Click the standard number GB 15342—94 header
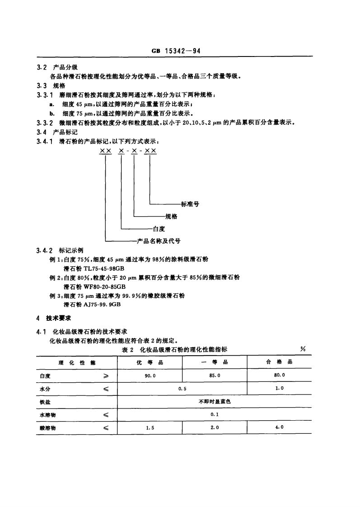point(176,51)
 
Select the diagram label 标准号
point(190,204)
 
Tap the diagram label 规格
point(171,216)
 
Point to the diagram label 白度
point(159,229)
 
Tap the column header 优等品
point(150,362)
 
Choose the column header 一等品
point(215,362)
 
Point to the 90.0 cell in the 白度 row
point(150,375)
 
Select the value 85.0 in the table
point(215,375)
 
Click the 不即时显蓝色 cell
point(215,401)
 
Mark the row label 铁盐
point(45,401)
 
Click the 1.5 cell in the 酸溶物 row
point(150,427)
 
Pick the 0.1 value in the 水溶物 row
point(215,414)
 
